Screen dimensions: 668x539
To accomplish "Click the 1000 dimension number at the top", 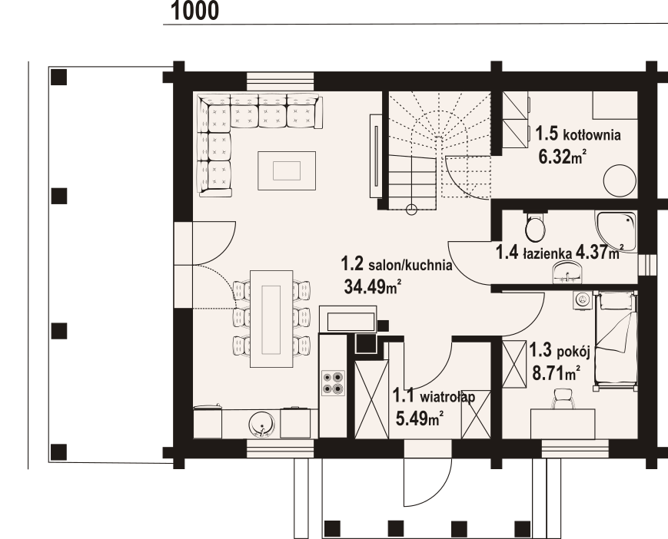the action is pos(194,11).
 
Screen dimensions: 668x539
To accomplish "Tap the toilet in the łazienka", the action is pos(535,226).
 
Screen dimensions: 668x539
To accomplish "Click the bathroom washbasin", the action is pos(567,273).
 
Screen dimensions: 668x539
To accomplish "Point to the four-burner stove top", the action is pos(333,382).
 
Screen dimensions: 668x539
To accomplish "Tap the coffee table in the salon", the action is pos(287,170).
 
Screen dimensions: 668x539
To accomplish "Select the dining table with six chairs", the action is pos(271,319).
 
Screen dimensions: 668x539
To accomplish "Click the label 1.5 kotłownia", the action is pos(578,134).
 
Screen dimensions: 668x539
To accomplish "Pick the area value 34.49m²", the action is pos(372,287).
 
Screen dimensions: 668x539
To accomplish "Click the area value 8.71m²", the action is pos(556,373).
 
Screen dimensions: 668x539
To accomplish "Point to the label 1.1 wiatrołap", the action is pos(434,396).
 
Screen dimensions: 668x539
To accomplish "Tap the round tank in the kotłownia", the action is pos(620,180).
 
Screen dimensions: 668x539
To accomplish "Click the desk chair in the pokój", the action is pos(563,399).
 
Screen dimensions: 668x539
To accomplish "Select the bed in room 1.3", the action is pos(616,340).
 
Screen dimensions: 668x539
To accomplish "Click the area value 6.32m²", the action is pos(561,157).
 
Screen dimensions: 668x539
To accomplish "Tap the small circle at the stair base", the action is pos(411,210).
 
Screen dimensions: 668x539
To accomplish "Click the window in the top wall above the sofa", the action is pos(281,81).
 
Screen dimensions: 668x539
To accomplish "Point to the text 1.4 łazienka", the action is pos(533,253).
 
